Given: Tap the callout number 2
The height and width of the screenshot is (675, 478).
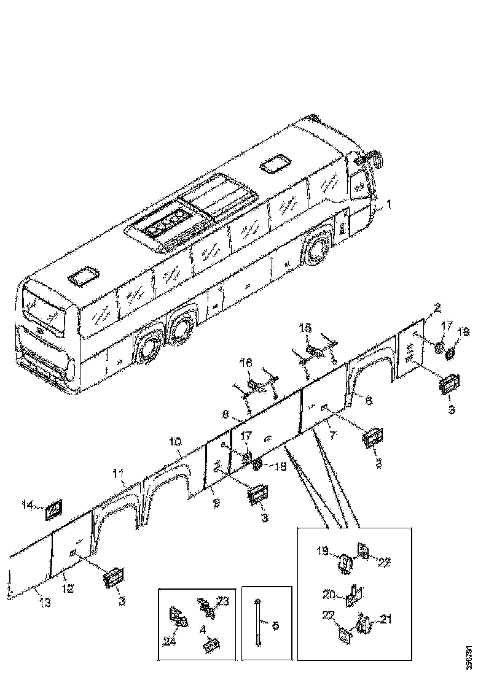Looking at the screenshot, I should (x=437, y=307).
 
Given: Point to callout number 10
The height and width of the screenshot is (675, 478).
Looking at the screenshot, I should (x=176, y=442).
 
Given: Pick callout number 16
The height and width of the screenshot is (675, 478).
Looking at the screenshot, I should (x=245, y=363).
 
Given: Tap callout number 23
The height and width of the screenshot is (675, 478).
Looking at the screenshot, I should (x=223, y=602).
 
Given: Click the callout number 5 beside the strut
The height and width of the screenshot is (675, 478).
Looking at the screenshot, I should (x=275, y=626).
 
